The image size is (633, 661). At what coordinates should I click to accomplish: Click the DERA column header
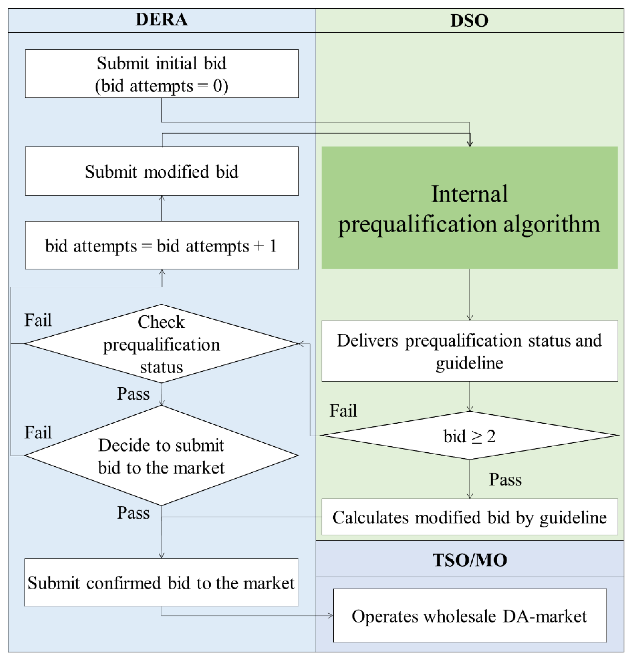click(162, 19)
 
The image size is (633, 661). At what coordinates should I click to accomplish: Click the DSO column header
click(469, 20)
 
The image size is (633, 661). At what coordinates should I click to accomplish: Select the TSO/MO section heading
click(469, 560)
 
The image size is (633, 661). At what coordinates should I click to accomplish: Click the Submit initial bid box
click(162, 74)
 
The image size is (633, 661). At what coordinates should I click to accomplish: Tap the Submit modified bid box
click(162, 171)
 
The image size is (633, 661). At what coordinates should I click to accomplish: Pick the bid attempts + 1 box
click(162, 245)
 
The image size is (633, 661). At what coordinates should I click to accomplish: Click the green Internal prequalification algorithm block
click(469, 208)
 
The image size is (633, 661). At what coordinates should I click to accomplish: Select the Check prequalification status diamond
click(162, 344)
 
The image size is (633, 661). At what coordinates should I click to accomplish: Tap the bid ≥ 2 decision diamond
click(469, 436)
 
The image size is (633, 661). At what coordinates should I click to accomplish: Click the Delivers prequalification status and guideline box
click(469, 351)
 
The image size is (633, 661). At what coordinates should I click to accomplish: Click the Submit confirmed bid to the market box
click(162, 583)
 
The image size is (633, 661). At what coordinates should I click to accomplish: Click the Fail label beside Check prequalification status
click(38, 320)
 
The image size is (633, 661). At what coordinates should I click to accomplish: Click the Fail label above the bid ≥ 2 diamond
click(343, 411)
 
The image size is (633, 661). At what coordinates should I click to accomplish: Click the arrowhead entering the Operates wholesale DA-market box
click(331, 616)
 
